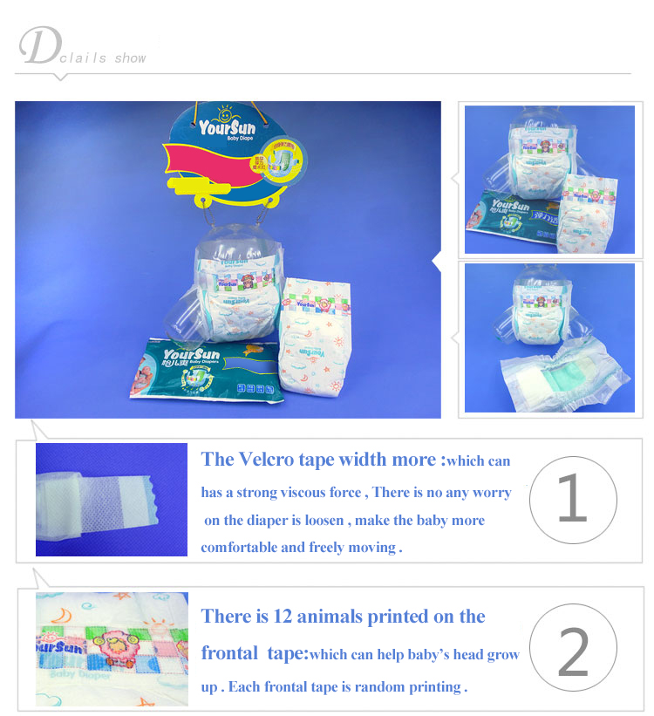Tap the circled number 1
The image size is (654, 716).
[572, 501]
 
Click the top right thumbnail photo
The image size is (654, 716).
[548, 179]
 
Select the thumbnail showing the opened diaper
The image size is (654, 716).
[548, 337]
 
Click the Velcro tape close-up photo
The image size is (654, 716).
[112, 500]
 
